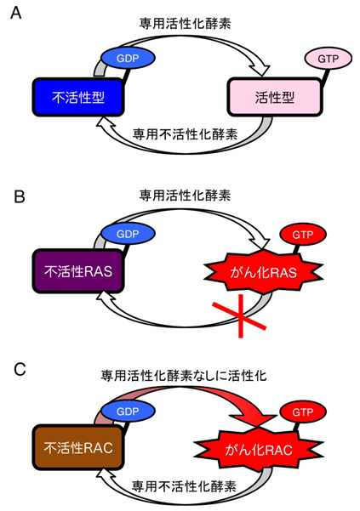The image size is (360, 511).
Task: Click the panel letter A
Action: click(15, 13)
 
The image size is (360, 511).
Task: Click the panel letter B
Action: click(20, 197)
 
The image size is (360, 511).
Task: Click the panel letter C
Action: click(20, 370)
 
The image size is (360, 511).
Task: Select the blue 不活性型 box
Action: click(78, 97)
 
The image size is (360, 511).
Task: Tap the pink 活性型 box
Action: click(275, 97)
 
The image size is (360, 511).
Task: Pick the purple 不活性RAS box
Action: click(78, 271)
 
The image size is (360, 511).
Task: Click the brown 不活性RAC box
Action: click(78, 448)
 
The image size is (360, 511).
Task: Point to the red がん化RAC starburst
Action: click(259, 450)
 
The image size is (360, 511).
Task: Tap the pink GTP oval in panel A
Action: click(328, 59)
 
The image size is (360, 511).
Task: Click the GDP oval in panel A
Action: click(128, 58)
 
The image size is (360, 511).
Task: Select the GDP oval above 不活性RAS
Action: click(128, 234)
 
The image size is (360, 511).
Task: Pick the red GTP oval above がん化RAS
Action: click(303, 235)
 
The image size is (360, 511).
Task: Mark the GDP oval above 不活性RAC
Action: click(128, 412)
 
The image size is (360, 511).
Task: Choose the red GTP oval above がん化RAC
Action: click(303, 412)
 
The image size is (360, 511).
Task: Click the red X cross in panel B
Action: click(241, 315)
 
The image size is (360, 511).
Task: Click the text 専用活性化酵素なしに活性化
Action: click(184, 376)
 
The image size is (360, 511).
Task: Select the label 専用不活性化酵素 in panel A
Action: click(185, 134)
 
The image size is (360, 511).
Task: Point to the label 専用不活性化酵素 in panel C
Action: click(184, 486)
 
